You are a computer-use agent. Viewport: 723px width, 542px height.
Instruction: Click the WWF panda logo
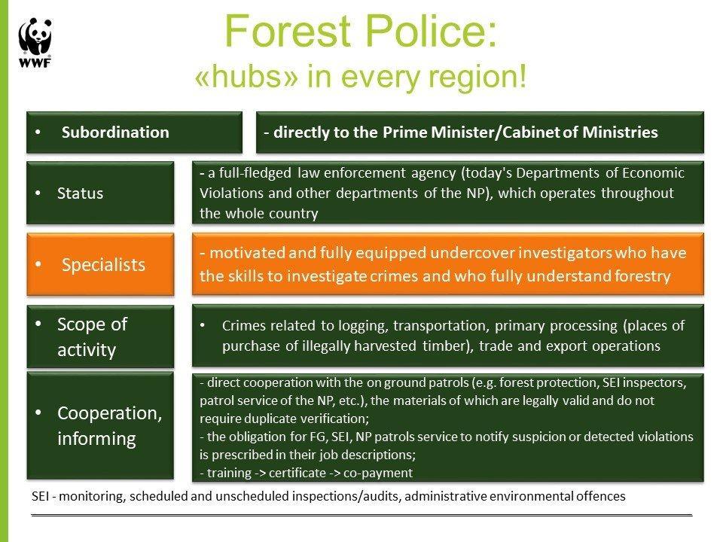pos(35,42)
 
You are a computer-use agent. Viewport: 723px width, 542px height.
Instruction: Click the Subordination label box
pos(134,132)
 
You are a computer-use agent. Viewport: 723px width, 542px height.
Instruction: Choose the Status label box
pos(100,193)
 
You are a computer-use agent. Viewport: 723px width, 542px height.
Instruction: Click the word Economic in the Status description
pos(653,173)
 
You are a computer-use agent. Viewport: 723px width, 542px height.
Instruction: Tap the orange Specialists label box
pos(100,264)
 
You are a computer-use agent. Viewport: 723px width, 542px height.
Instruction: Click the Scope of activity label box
pos(100,336)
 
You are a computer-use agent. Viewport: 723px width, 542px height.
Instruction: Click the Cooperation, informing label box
pos(100,425)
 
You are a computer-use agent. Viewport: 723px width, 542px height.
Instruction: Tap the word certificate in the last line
pos(297,473)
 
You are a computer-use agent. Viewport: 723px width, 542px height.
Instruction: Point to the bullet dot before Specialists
pos(38,264)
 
